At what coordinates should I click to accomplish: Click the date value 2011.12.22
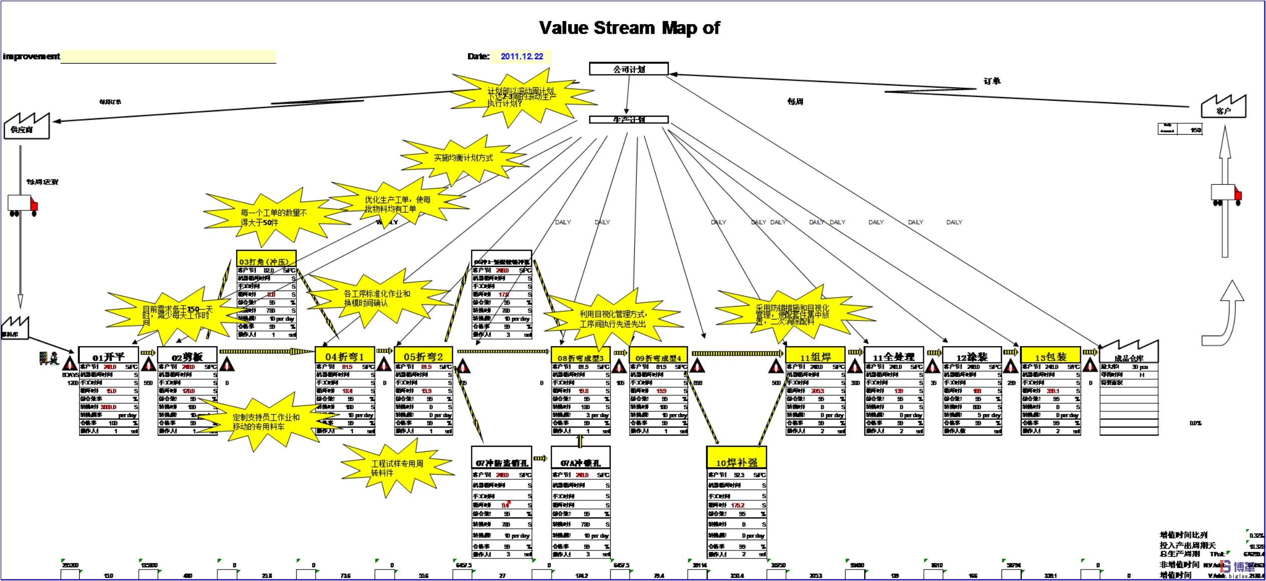coord(522,57)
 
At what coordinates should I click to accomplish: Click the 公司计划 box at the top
coord(629,69)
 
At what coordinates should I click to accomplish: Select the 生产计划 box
coord(629,120)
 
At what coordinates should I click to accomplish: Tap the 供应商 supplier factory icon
coord(27,126)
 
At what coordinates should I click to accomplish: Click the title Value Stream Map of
coord(629,28)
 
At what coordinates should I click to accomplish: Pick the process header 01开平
coord(108,356)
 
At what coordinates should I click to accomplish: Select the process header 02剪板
coord(187,356)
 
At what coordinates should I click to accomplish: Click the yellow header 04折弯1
coord(344,356)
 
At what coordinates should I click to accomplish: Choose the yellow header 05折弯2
coord(423,356)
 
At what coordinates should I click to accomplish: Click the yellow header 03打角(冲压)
coord(266,260)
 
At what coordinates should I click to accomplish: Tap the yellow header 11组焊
coord(815,356)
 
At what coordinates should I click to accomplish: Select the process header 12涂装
coord(972,356)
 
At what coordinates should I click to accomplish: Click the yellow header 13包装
coord(1051,356)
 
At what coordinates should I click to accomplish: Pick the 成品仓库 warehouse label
coord(1129,358)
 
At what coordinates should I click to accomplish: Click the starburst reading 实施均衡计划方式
coord(463,158)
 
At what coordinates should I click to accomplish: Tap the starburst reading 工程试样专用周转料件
coord(397,468)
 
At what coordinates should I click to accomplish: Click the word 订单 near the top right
coord(991,81)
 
